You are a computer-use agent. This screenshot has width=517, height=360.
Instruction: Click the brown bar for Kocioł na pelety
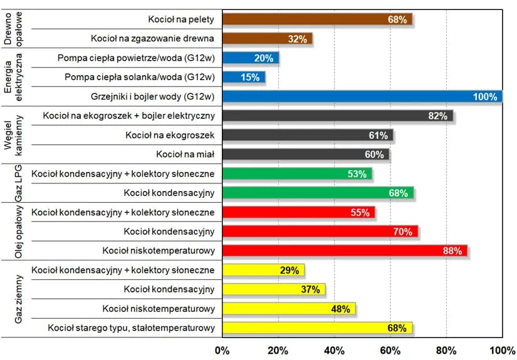coord(317,19)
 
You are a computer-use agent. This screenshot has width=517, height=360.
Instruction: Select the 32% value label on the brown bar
coord(298,39)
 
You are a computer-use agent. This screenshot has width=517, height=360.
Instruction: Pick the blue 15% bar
coord(244,78)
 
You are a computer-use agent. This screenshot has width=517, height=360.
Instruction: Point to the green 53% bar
coord(297,173)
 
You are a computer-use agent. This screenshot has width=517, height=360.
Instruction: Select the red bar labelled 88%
coord(345,250)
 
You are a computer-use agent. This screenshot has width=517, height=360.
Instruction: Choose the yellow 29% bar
coord(263,270)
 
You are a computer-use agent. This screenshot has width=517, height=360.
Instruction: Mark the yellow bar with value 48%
coord(289,308)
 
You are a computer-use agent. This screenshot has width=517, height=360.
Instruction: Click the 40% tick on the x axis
coord(334,349)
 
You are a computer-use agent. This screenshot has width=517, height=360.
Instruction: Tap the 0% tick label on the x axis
coord(222,349)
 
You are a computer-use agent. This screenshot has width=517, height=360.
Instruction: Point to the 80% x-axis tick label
coord(446,349)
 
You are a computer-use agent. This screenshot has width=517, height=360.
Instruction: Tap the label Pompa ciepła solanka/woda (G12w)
coord(140,78)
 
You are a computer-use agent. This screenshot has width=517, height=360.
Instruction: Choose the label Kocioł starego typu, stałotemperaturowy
coord(132,327)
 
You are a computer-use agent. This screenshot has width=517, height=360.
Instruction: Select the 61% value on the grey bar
coord(379,135)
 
